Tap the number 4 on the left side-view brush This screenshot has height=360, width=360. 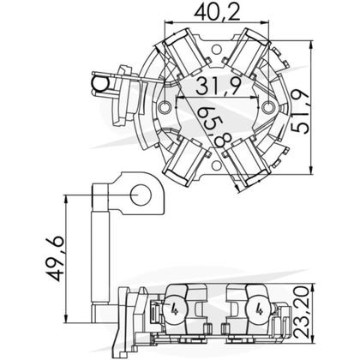tap(175, 311)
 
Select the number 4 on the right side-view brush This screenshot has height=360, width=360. tap(256, 311)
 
